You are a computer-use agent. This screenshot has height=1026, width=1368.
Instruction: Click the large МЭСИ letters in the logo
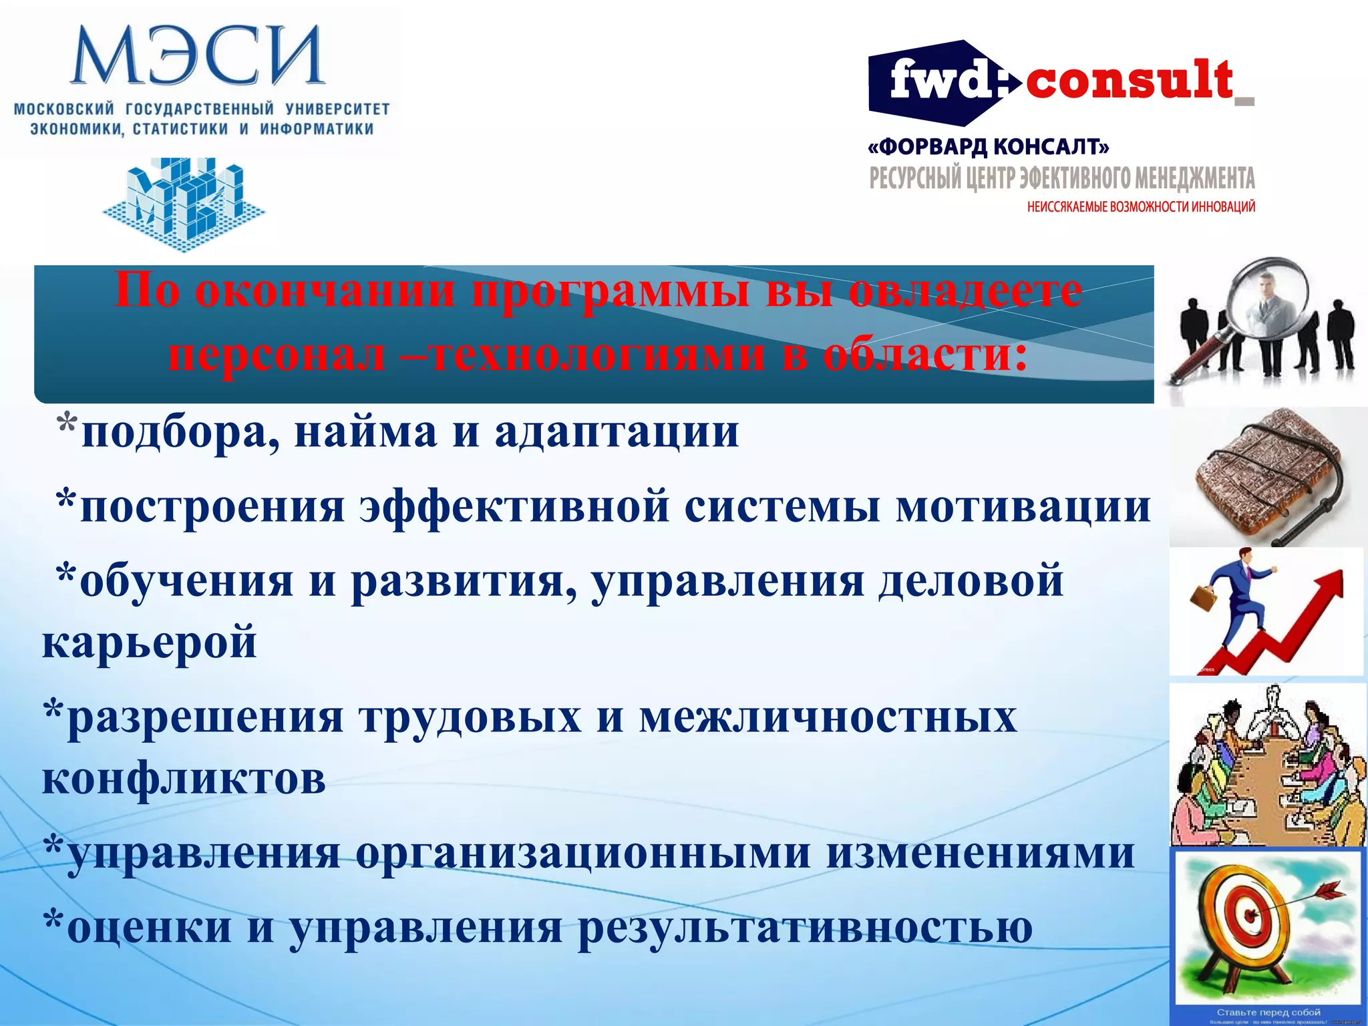click(198, 56)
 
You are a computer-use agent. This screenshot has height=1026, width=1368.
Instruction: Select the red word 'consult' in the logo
click(1129, 81)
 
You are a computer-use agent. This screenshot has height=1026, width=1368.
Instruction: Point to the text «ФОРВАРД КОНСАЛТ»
click(989, 146)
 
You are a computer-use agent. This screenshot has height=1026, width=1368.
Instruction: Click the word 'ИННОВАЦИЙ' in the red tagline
click(1222, 207)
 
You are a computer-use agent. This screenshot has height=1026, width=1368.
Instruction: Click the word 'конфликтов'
click(184, 779)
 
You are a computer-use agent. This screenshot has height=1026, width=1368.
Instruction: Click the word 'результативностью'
click(805, 928)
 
